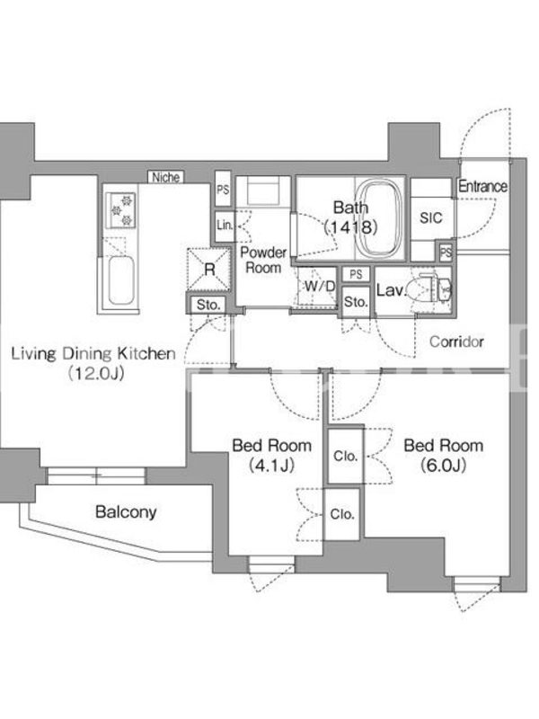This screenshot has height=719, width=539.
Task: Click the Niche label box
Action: pos(165,177)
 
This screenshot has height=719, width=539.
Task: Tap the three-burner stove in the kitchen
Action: pos(121,210)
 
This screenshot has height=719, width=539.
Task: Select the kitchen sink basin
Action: pos(121,280)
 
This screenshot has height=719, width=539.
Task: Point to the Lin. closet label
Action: pos(225,226)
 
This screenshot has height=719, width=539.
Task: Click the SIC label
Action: pos(431,217)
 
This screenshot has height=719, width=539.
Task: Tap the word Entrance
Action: pos(482,187)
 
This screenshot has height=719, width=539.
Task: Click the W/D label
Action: pos(320,286)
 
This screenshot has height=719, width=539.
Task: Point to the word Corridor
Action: pos(456,342)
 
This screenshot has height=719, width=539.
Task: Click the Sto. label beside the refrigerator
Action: pos(208,305)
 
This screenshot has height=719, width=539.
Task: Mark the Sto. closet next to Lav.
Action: pos(356,301)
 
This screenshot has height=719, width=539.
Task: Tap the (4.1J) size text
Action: pos(271,466)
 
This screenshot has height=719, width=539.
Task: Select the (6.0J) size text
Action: pos(443,466)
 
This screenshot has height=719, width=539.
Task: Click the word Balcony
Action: pos(126,511)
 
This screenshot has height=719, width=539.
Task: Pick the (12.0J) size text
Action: pos(96,374)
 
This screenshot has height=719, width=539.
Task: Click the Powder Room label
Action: pos(263,260)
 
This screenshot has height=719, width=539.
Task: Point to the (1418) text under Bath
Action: pos(351,227)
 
